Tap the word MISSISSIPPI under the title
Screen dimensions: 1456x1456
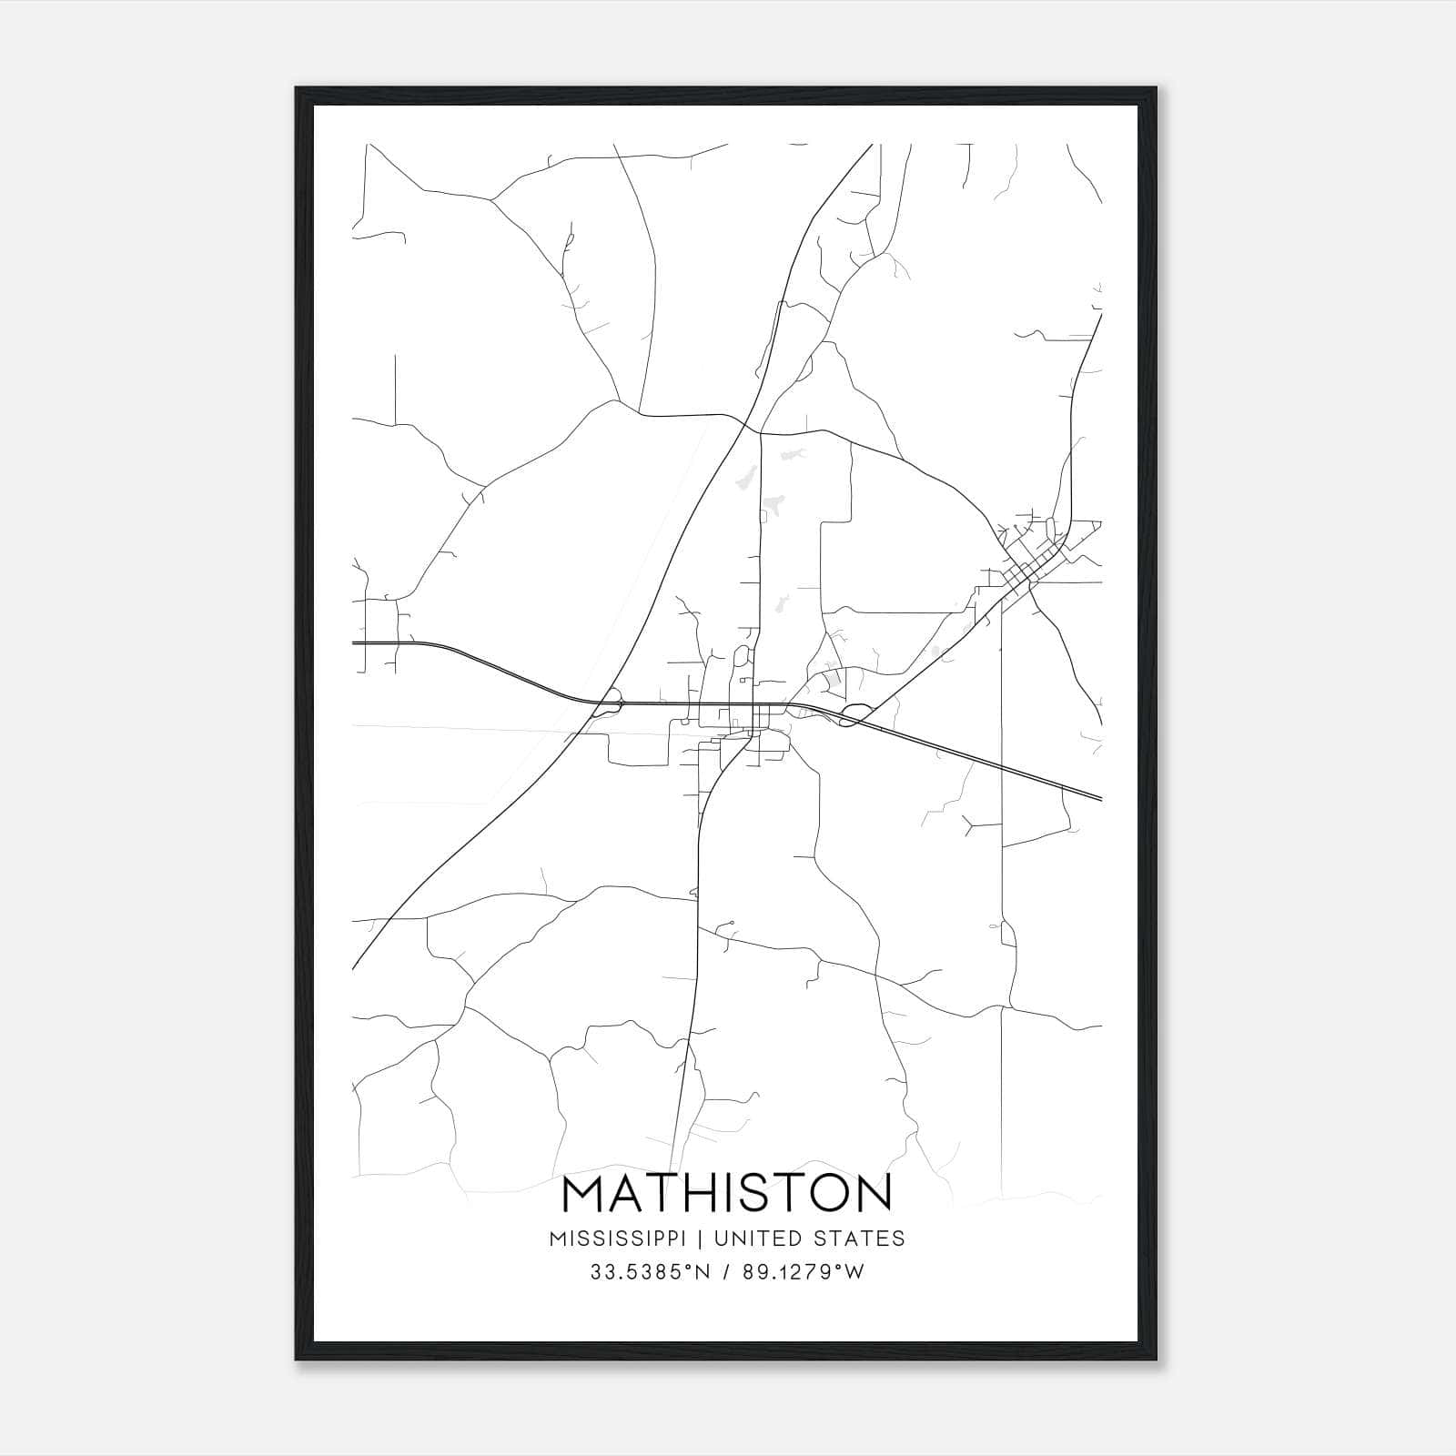pyautogui.click(x=625, y=1238)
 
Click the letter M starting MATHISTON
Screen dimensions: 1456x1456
pyautogui.click(x=586, y=1195)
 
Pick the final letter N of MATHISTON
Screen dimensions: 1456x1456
pyautogui.click(x=869, y=1195)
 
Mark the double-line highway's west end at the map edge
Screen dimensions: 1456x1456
pyautogui.click(x=354, y=642)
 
